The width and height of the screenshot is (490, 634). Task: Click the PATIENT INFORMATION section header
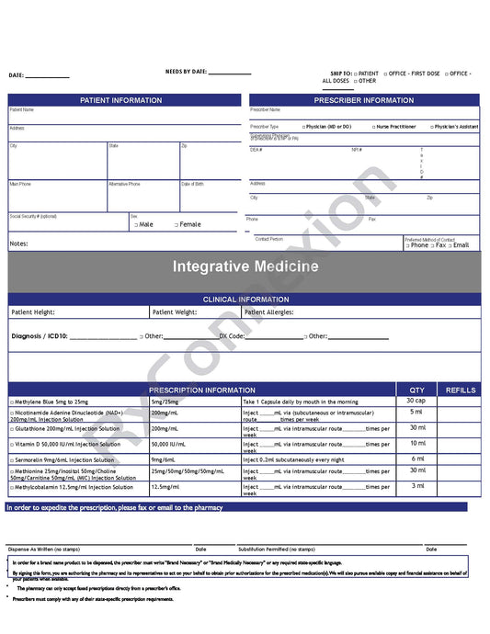point(121,100)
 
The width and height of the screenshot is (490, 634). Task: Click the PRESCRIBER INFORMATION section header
point(364,100)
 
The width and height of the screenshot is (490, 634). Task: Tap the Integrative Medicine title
point(245,266)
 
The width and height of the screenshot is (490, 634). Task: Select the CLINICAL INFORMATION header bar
point(245,300)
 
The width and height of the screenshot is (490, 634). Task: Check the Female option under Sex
point(187,224)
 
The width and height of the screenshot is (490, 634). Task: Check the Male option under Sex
point(143,224)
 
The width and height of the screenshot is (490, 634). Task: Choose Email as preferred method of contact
point(458,245)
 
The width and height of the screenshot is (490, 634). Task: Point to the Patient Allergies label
point(269,312)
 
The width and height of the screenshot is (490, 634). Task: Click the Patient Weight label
point(175,312)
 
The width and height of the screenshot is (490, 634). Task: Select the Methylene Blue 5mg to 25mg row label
point(51,402)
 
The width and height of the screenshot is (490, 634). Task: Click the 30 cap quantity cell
point(416,401)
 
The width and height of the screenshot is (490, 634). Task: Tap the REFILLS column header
point(461,391)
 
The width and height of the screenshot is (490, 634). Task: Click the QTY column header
point(417,391)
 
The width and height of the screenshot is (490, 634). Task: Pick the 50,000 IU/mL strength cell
point(168,444)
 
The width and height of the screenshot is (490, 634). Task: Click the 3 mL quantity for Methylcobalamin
point(417,485)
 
